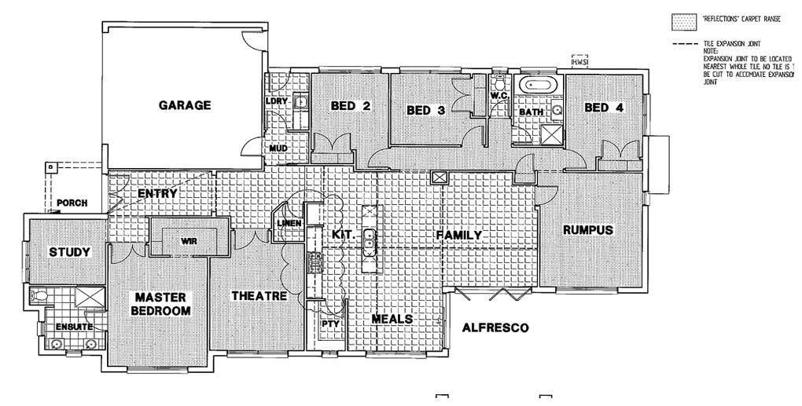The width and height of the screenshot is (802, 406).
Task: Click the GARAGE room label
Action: (185, 105)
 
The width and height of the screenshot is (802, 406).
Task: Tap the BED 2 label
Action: (351, 106)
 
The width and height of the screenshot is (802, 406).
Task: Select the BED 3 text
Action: (425, 111)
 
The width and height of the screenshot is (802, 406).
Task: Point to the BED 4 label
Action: (604, 108)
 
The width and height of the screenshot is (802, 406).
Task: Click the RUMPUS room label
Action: (587, 230)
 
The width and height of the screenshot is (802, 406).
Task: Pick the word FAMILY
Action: (458, 235)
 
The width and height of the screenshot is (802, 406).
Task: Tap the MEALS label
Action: (392, 319)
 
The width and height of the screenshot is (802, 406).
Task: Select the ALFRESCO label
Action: (495, 327)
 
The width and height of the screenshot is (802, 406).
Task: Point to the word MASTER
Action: (160, 298)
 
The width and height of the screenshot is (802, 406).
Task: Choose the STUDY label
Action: (70, 252)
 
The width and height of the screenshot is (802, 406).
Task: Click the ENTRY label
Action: (157, 194)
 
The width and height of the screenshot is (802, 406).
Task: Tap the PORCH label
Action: (72, 203)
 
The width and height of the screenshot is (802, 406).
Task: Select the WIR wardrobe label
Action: (188, 242)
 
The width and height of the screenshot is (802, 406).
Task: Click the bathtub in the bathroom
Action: (538, 86)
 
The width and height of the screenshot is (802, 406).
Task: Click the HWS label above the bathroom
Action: (580, 61)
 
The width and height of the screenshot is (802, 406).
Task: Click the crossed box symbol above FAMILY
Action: (438, 178)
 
